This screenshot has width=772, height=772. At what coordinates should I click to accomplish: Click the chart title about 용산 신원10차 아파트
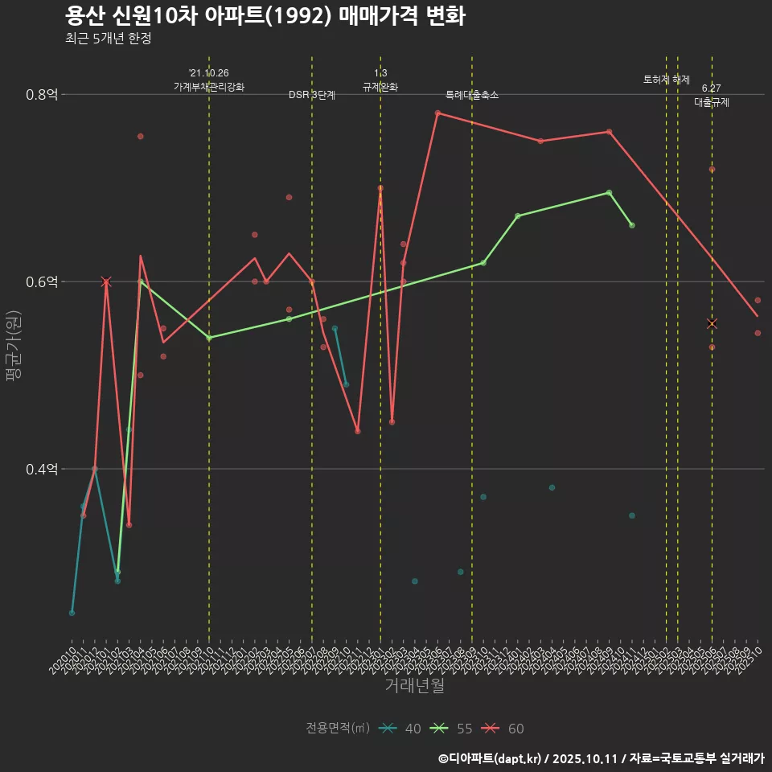click(265, 16)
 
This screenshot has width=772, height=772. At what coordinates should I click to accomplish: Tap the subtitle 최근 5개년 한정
click(108, 38)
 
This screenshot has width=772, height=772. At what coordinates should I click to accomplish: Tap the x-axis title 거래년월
click(414, 686)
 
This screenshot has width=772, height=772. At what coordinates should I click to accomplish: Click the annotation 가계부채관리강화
click(209, 86)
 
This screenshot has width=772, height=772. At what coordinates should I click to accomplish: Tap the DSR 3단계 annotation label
click(312, 95)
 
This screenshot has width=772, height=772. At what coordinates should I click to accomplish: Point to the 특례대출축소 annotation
click(472, 95)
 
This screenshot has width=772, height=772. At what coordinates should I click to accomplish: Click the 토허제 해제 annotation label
click(667, 80)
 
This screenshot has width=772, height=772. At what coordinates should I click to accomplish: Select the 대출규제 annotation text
click(712, 103)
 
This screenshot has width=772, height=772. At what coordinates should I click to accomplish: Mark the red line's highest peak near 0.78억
click(437, 113)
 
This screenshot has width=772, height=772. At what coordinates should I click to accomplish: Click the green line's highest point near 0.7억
click(610, 192)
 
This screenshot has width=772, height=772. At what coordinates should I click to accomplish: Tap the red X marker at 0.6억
click(106, 281)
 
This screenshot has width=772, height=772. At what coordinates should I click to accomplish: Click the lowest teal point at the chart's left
click(72, 613)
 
